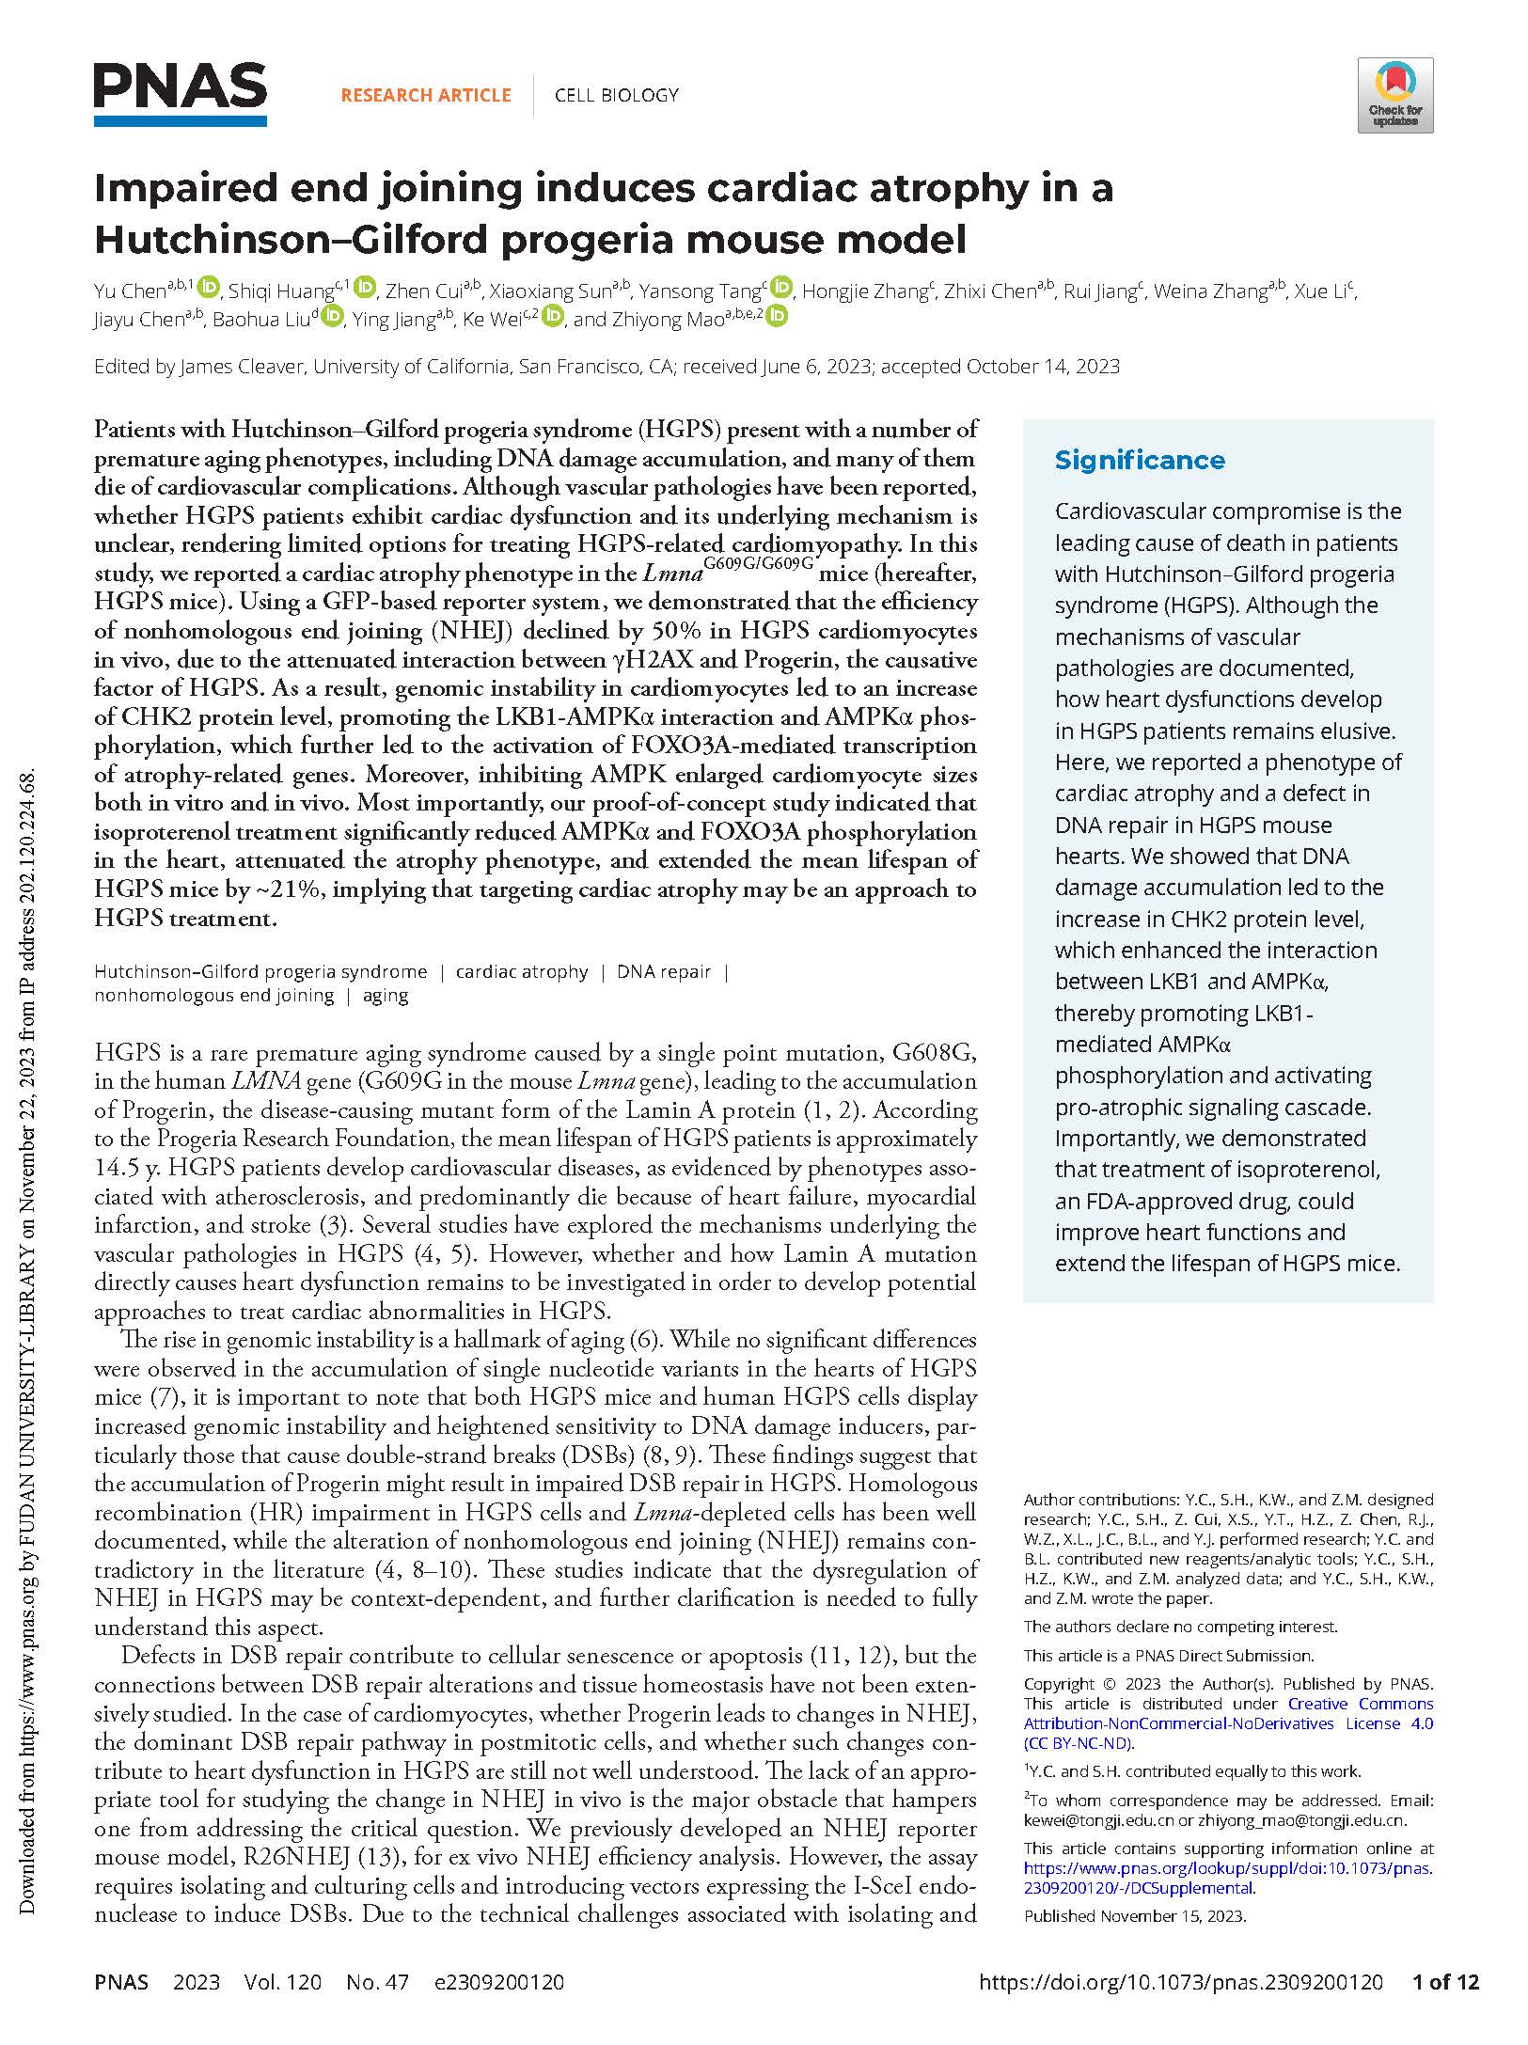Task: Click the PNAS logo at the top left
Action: click(180, 92)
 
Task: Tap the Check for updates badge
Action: click(1394, 95)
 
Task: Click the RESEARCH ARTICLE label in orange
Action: click(426, 95)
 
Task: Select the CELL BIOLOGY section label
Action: click(616, 95)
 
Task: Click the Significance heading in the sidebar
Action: click(1139, 460)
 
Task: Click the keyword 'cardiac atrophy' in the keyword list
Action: click(522, 971)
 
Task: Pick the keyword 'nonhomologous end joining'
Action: click(213, 996)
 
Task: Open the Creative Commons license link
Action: click(1228, 1723)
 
